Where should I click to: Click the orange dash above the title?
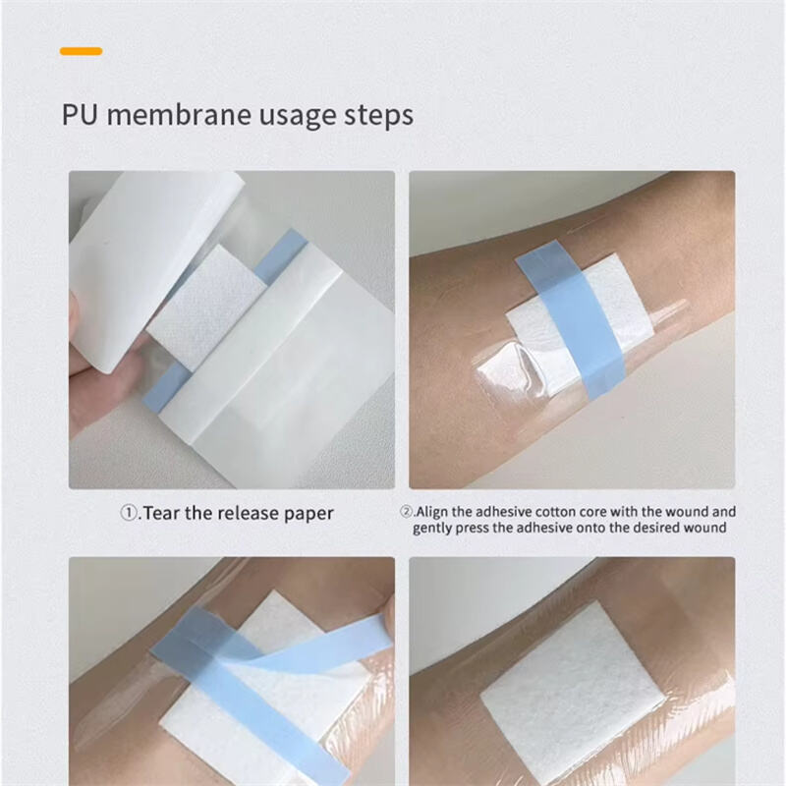point(81,51)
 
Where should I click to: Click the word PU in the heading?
point(80,115)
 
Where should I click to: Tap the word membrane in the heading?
point(179,114)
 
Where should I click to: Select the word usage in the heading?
point(298,117)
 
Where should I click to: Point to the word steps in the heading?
point(378,116)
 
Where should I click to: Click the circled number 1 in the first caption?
point(129,513)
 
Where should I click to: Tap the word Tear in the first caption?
point(161,513)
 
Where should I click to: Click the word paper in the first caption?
point(309,515)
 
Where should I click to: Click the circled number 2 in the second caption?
point(406,511)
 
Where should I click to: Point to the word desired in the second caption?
point(654,528)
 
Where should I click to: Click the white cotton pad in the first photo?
point(206,307)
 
